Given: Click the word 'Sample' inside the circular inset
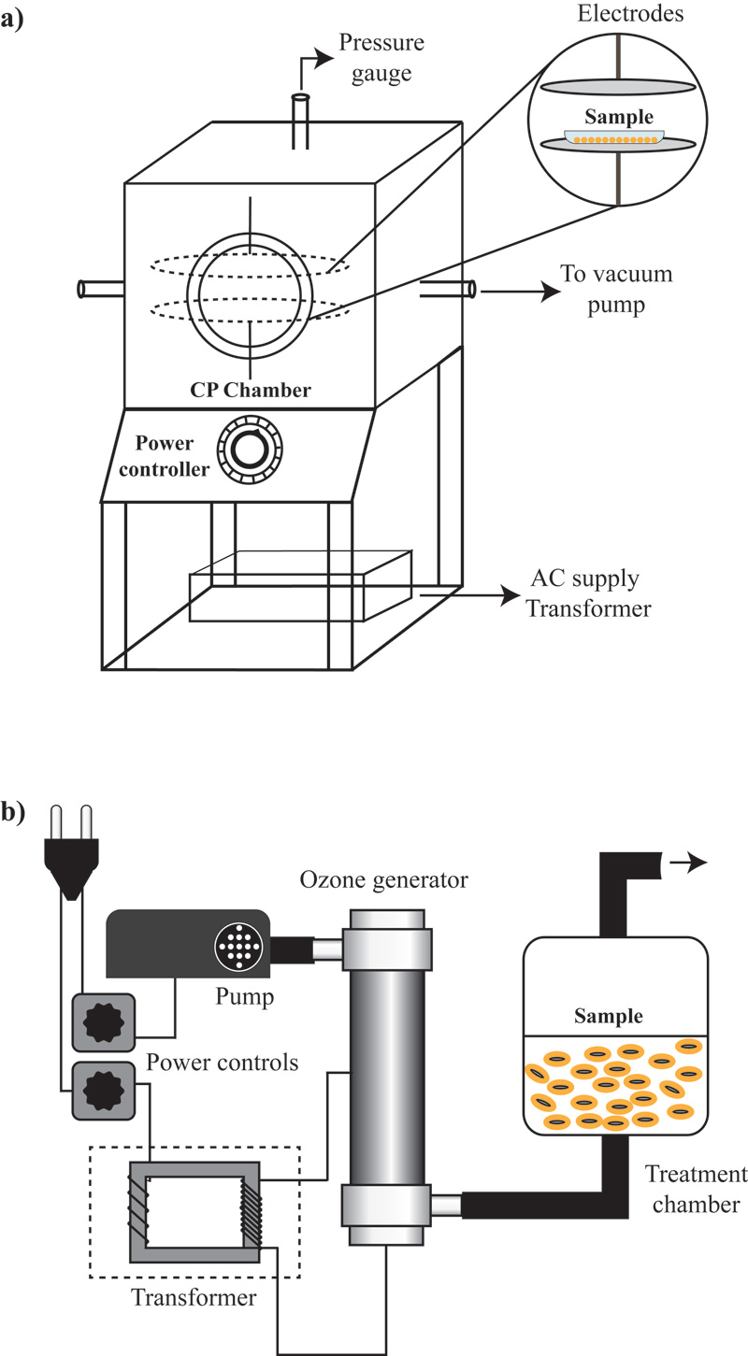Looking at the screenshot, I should coord(612,120).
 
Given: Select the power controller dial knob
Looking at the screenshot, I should coord(249,451).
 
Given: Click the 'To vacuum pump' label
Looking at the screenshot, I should coord(615,291).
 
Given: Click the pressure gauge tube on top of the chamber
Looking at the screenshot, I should coord(301,121).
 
